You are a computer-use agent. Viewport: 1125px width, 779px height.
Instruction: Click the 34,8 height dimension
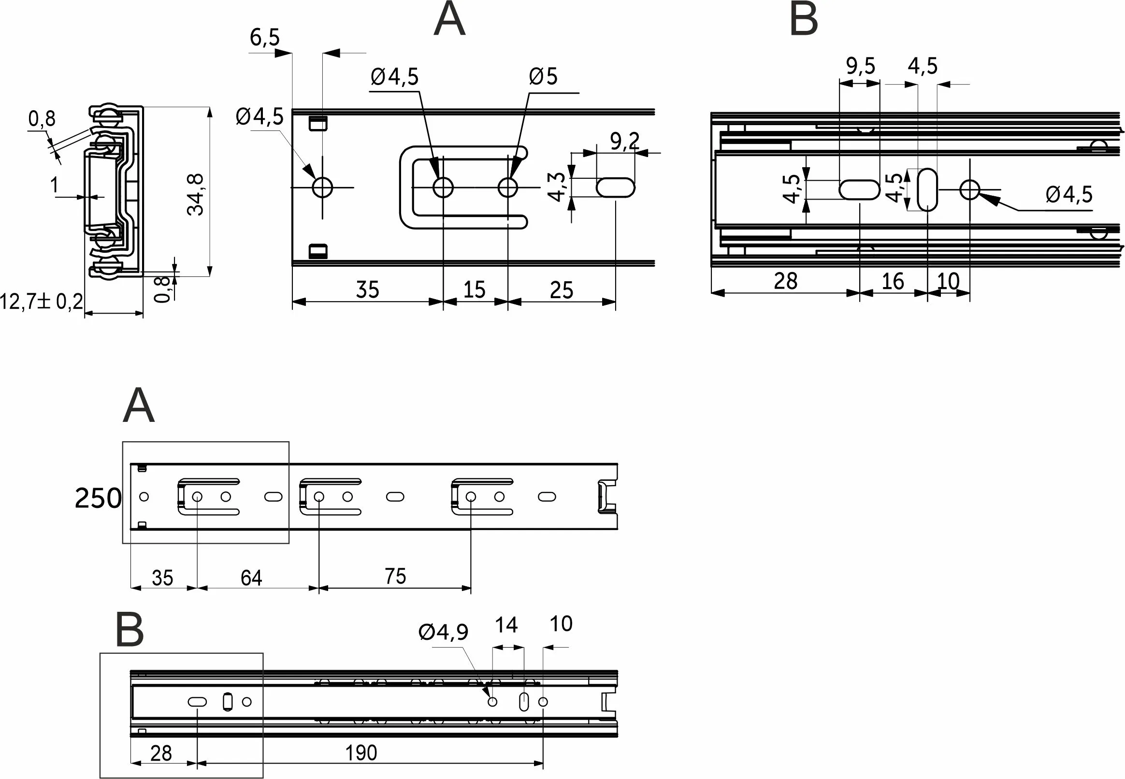point(195,194)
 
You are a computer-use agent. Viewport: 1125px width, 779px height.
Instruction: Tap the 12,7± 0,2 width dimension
point(42,302)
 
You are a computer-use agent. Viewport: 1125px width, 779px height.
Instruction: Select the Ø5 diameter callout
point(543,77)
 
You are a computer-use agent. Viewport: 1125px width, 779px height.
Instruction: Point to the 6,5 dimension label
point(264,38)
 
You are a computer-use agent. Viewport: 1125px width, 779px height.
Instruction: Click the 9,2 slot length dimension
point(625,141)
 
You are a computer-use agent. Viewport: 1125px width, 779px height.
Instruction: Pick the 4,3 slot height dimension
point(556,187)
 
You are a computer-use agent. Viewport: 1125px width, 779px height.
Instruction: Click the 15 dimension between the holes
point(474,289)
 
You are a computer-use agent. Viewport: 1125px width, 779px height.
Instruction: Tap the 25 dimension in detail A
point(561,290)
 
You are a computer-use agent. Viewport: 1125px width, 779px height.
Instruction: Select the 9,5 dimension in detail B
point(861,66)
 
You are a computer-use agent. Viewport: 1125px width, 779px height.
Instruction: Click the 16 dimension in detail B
point(893,282)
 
